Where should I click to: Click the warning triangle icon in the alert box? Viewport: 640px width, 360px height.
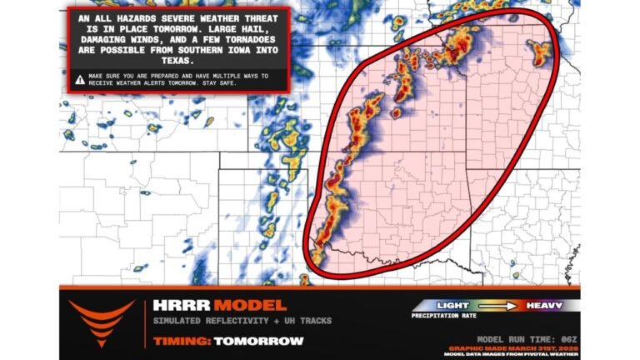[79, 80]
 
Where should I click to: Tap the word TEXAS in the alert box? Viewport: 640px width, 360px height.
[179, 61]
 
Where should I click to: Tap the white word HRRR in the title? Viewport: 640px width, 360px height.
[177, 306]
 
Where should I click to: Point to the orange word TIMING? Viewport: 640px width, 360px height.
[182, 341]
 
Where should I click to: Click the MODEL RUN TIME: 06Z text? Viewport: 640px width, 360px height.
[527, 339]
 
